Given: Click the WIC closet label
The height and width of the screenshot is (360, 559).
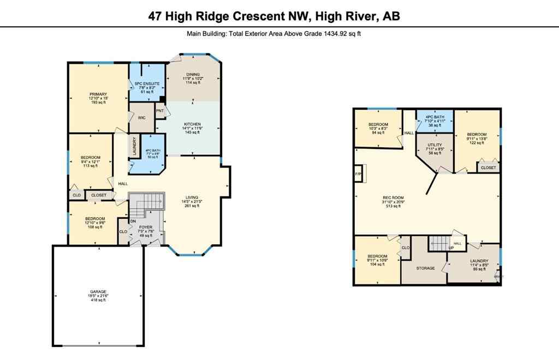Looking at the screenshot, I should click(x=141, y=118).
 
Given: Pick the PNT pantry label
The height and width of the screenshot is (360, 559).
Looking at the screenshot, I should click(x=160, y=111).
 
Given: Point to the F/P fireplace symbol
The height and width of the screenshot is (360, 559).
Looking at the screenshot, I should click(x=359, y=175).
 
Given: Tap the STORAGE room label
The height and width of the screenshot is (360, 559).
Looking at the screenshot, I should click(x=425, y=268).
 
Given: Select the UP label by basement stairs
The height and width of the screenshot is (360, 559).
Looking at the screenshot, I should click(x=451, y=248).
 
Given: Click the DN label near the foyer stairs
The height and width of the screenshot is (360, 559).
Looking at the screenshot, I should click(x=133, y=221).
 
